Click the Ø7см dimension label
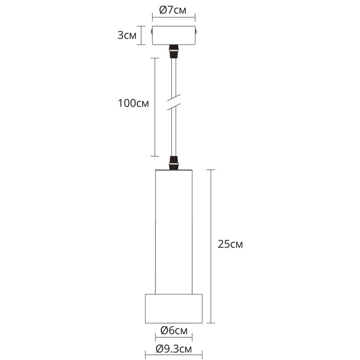(173, 11)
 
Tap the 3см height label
(127, 35)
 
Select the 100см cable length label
(133, 103)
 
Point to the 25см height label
(230, 244)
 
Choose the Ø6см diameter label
(174, 331)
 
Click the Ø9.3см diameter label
(174, 349)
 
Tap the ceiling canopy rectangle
(174, 35)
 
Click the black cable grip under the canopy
(174, 51)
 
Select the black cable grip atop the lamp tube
(174, 163)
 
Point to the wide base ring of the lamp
(174, 309)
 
